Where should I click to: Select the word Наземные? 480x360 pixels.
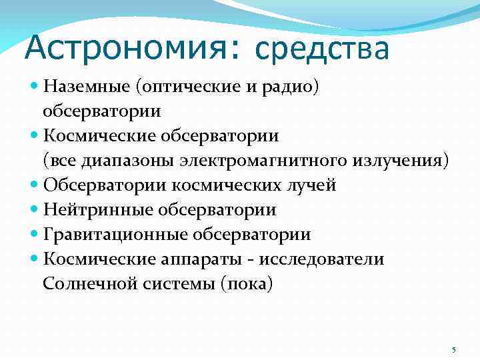pyautogui.click(x=85, y=86)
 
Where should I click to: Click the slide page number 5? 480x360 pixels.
pyautogui.click(x=453, y=350)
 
